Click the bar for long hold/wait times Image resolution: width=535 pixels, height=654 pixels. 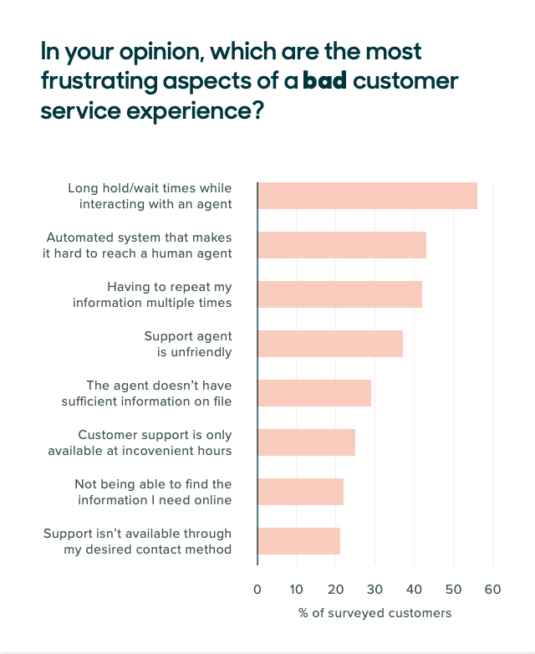tap(367, 195)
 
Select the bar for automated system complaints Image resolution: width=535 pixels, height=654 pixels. tap(342, 244)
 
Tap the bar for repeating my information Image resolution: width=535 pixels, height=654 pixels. tap(339, 294)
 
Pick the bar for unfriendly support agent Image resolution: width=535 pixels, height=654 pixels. tap(330, 344)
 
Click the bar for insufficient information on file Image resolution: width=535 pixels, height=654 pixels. tap(314, 393)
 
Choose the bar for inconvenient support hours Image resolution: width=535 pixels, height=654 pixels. tap(306, 442)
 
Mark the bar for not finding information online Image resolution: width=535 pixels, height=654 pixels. tap(300, 492)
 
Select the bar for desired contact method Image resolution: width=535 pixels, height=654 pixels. tap(298, 541)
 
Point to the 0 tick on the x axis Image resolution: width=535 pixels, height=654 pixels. tap(257, 590)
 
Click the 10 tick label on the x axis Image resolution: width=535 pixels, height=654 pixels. tap(297, 590)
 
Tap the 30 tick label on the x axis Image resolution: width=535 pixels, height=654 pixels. tap(374, 590)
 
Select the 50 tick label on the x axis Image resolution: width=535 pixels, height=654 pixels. tap(453, 590)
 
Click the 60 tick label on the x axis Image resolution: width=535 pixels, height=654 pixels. tap(492, 590)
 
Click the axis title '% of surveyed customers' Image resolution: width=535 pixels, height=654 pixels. tap(374, 614)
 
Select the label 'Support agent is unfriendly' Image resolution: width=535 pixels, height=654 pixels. tap(187, 344)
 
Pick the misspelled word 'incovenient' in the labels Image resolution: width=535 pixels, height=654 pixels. tap(158, 451)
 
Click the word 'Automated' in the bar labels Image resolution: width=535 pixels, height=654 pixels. tap(79, 238)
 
